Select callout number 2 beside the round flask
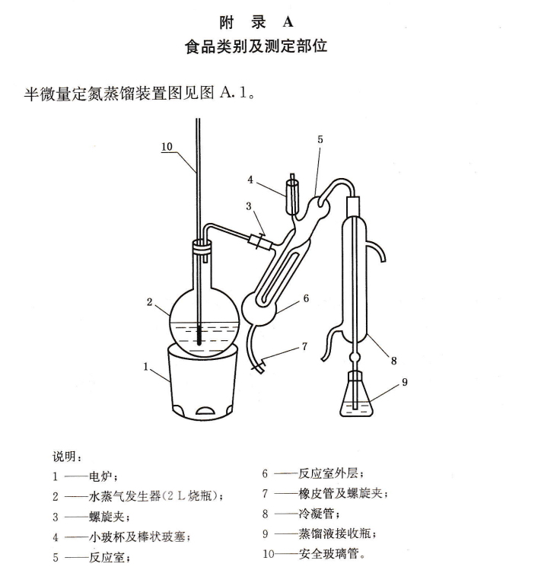[150, 302]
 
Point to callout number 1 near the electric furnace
[145, 366]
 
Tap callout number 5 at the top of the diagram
[320, 139]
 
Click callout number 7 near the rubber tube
[304, 347]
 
